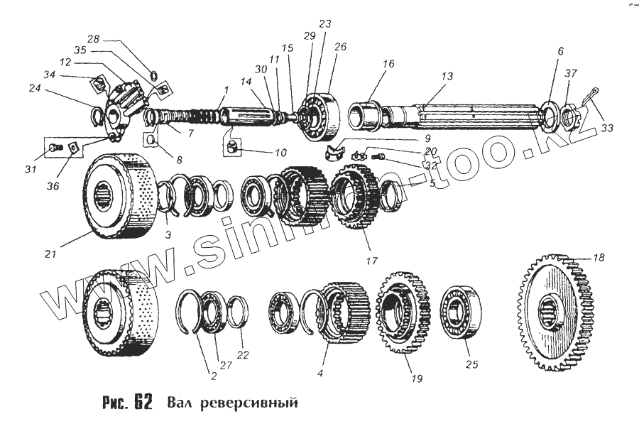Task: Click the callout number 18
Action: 599,258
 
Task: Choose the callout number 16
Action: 388,64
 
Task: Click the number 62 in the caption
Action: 141,401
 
